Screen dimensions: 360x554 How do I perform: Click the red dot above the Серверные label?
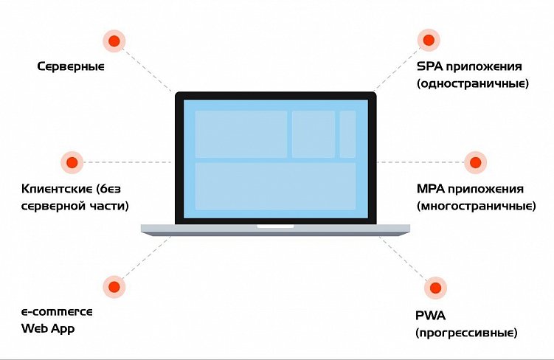tap(114, 41)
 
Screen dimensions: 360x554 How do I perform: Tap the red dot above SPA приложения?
tap(427, 39)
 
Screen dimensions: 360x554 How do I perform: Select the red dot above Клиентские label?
tap(71, 162)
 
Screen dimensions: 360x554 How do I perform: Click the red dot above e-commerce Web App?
tap(113, 286)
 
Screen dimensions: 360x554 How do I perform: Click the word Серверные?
tap(71, 66)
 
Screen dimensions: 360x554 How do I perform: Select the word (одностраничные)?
tap(472, 83)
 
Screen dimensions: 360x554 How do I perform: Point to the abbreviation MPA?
tap(432, 189)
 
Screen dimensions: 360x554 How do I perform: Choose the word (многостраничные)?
tap(476, 206)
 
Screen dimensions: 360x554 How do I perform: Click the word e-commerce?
tap(57, 311)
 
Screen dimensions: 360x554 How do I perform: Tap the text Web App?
tap(48, 328)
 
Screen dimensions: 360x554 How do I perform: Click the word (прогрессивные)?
tap(465, 333)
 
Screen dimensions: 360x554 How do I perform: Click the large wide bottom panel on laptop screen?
tap(275, 186)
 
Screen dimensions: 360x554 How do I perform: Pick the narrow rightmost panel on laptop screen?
tap(347, 134)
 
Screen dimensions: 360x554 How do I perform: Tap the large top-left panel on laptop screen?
tap(240, 134)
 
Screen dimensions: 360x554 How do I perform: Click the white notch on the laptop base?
tap(275, 226)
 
